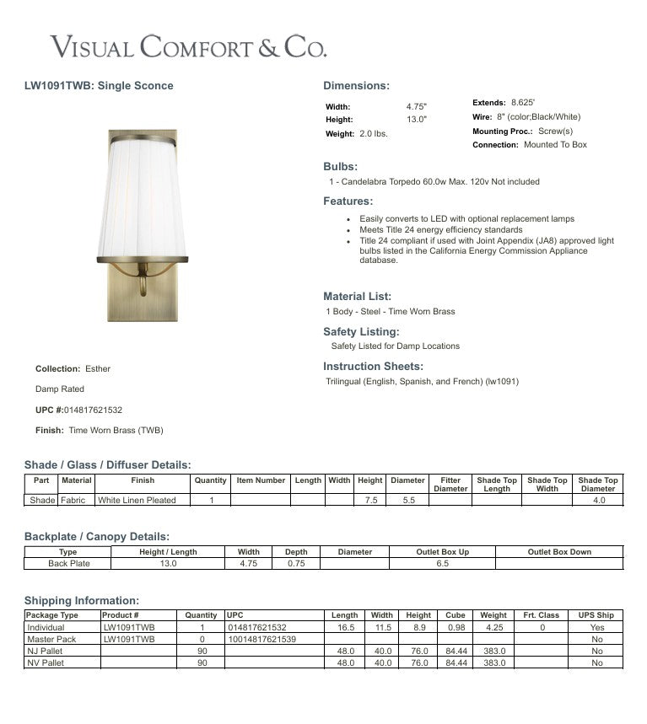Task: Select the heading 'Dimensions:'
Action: (356, 86)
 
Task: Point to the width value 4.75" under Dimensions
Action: (417, 107)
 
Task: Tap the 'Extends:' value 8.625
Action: (523, 103)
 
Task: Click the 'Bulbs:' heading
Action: (340, 167)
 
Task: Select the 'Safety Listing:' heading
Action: (361, 332)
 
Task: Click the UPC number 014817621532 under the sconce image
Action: (93, 410)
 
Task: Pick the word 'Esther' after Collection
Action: (98, 369)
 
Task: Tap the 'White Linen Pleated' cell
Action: (137, 500)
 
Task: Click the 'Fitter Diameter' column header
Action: (450, 485)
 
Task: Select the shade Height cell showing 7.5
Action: (370, 500)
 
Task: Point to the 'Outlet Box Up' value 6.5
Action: (442, 564)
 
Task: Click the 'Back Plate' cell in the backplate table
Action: (68, 564)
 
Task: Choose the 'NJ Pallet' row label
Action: (46, 652)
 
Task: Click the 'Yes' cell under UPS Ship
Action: (597, 628)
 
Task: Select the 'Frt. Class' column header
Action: (541, 615)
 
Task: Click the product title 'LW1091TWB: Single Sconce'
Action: (100, 86)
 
